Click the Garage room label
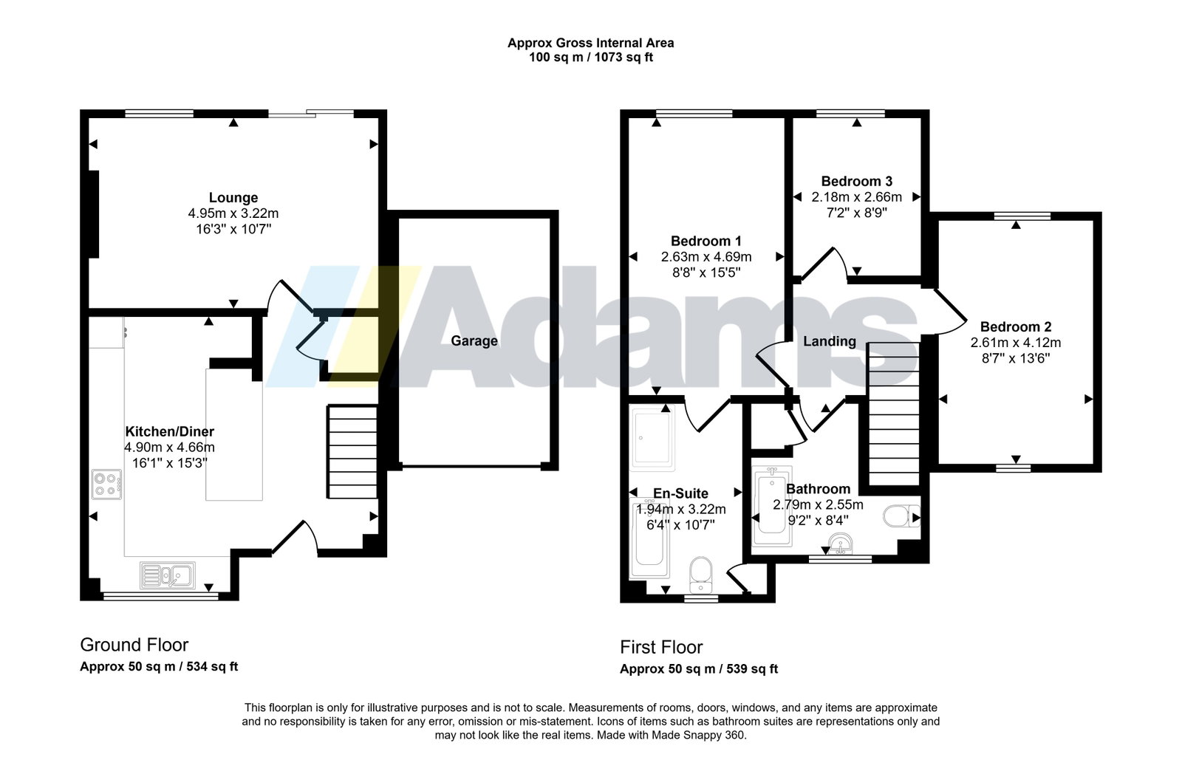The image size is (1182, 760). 474,340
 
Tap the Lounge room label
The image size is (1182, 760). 233,198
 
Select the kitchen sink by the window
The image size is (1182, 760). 168,575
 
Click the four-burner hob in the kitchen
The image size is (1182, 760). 106,485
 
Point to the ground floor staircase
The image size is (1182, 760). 352,451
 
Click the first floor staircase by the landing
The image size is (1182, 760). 894,414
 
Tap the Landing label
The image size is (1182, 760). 830,342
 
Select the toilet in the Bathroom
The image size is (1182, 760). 901,516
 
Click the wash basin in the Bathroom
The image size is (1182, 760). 841,544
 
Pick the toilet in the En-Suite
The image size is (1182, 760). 701,575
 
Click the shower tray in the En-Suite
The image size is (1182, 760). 653,441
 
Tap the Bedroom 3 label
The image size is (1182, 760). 857,182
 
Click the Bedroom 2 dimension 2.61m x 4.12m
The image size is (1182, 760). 1016,343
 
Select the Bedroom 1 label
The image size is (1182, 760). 706,241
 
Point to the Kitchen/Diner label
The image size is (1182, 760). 169,431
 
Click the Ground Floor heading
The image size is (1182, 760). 134,645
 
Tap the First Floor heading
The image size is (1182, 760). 661,647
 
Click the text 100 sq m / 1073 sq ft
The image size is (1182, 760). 591,58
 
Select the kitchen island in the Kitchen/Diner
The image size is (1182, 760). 233,434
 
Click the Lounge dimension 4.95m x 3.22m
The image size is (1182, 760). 233,213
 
